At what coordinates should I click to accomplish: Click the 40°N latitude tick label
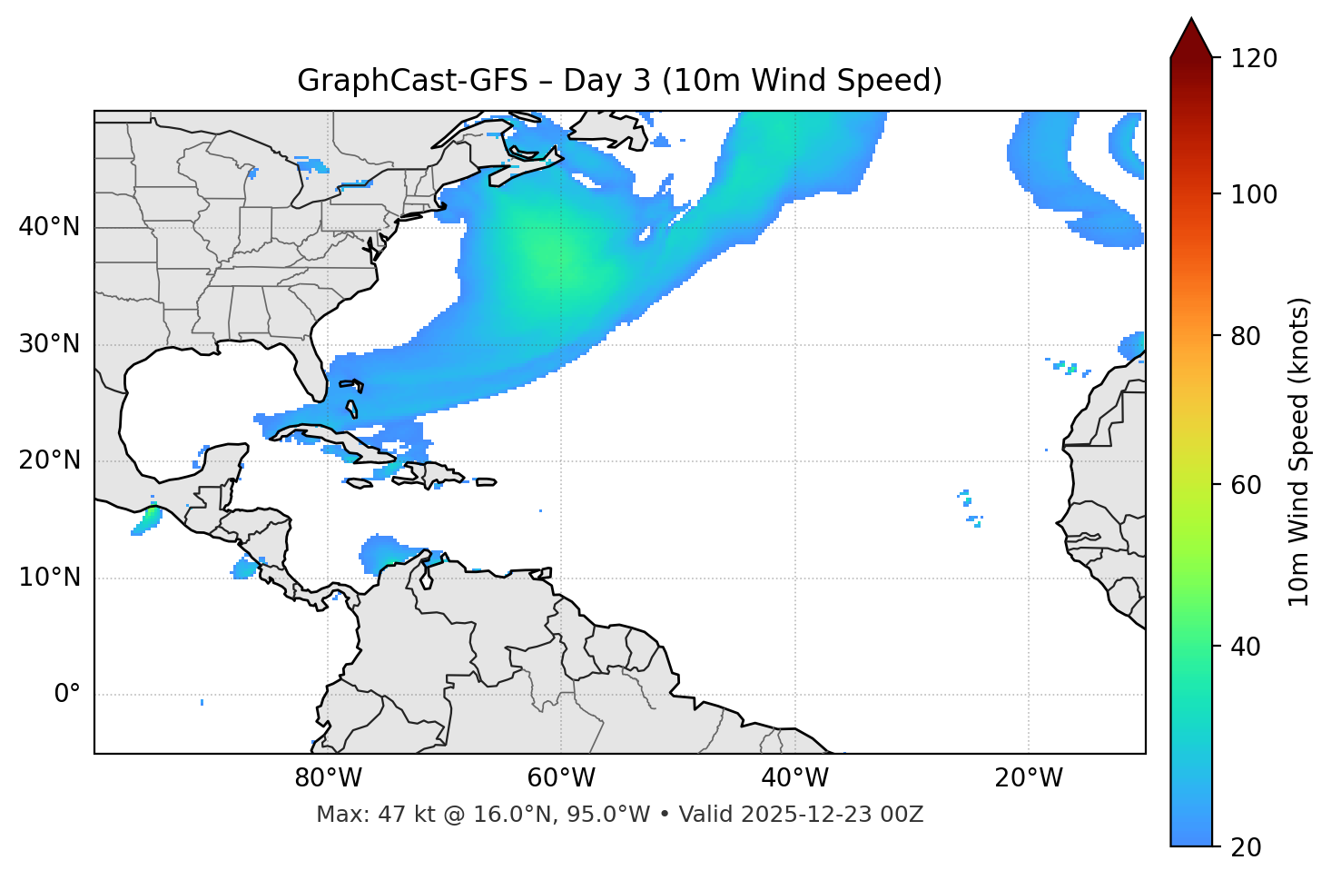click(49, 227)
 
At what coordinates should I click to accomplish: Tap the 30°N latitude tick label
click(49, 344)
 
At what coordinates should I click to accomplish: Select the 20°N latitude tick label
click(49, 460)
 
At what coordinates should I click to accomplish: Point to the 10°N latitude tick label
click(49, 578)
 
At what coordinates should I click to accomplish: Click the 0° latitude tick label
click(66, 695)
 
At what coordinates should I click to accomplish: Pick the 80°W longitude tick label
click(328, 778)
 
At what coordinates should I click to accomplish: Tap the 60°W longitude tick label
click(561, 778)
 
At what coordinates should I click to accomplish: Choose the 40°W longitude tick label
click(794, 778)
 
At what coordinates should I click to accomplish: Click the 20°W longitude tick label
click(1029, 778)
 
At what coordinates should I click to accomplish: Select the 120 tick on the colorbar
click(1253, 59)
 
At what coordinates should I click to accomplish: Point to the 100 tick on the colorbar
click(1253, 194)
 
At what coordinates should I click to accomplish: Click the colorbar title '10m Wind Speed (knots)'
click(1299, 451)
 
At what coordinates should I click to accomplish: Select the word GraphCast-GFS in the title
click(412, 81)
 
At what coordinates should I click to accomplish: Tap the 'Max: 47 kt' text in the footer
click(368, 815)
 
